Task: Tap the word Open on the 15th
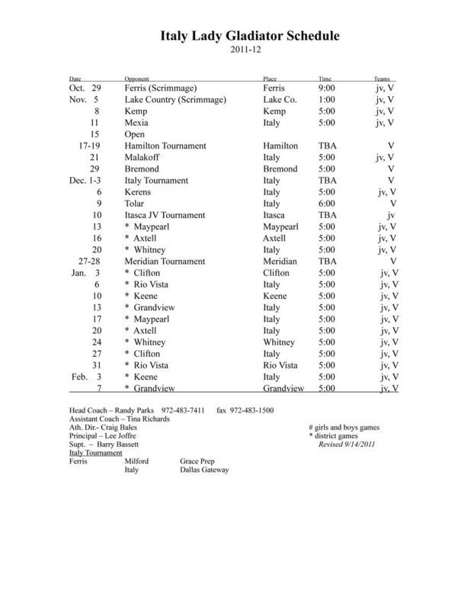click(x=135, y=133)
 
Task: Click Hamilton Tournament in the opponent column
click(x=168, y=145)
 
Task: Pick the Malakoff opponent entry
click(x=143, y=156)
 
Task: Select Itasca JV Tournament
click(x=168, y=216)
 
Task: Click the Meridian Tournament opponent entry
click(x=168, y=261)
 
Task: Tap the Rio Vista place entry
click(x=280, y=364)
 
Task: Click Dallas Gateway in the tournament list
click(x=204, y=470)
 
